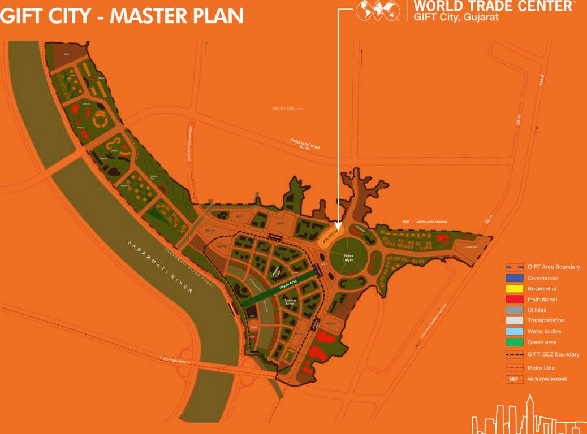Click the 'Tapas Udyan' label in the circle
coord(349,258)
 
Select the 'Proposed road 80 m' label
coord(305,145)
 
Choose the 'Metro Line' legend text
coord(541,368)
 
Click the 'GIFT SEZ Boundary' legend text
coord(553,354)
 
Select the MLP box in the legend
coord(513,379)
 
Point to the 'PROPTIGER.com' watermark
coord(288,108)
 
